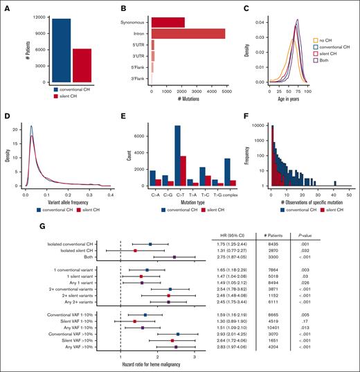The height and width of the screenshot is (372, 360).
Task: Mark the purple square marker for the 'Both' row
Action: [x=174, y=257]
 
